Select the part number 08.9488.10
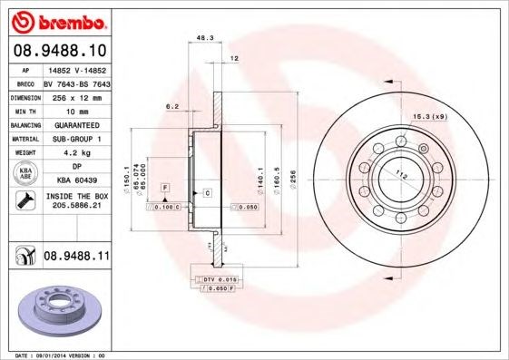[x=61, y=50]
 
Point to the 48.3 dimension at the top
[x=205, y=39]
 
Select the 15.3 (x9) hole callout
[x=429, y=117]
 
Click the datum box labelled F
[x=165, y=187]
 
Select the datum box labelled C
[x=208, y=193]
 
